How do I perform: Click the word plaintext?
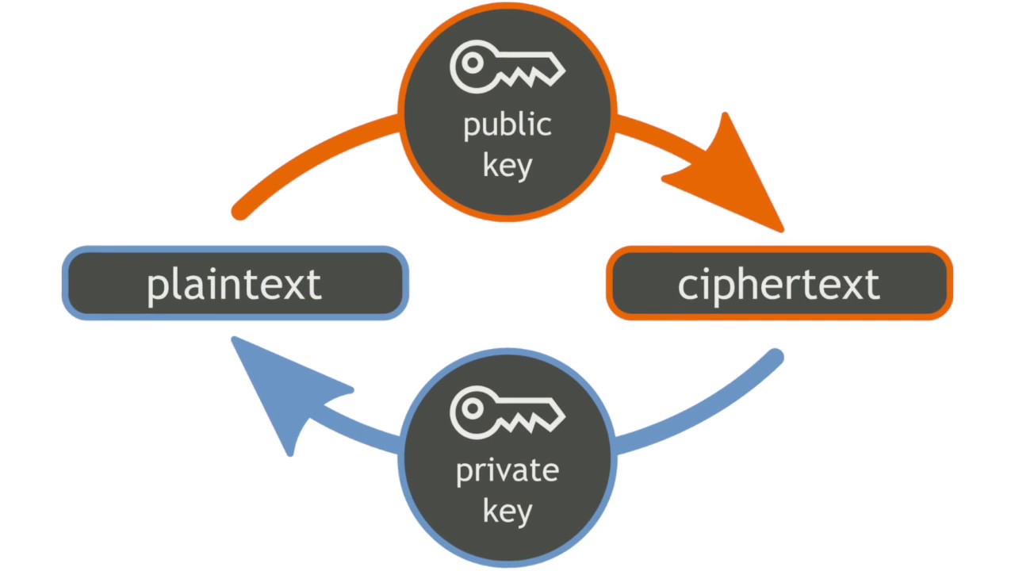point(235,284)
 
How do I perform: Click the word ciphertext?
point(779,284)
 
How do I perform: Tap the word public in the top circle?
point(507,125)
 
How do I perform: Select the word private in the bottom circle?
point(507,471)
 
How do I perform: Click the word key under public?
point(507,167)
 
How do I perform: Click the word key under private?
point(507,511)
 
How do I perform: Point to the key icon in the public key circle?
point(507,67)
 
